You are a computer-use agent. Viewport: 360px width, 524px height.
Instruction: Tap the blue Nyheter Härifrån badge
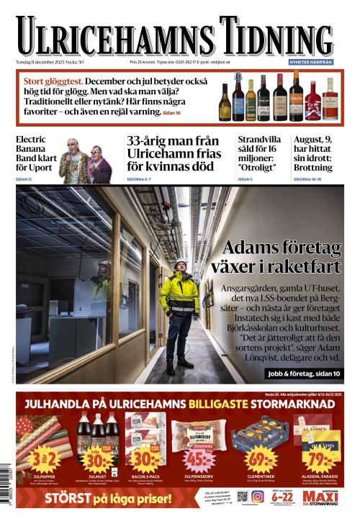[x=311, y=63]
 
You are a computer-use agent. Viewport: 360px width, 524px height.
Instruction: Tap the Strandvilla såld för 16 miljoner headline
[x=261, y=153]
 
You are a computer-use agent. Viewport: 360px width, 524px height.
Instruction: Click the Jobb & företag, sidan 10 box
[x=302, y=374]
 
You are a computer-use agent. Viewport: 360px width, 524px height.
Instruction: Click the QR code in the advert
[x=242, y=497]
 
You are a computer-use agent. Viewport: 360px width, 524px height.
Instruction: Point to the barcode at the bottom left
[x=8, y=495]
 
